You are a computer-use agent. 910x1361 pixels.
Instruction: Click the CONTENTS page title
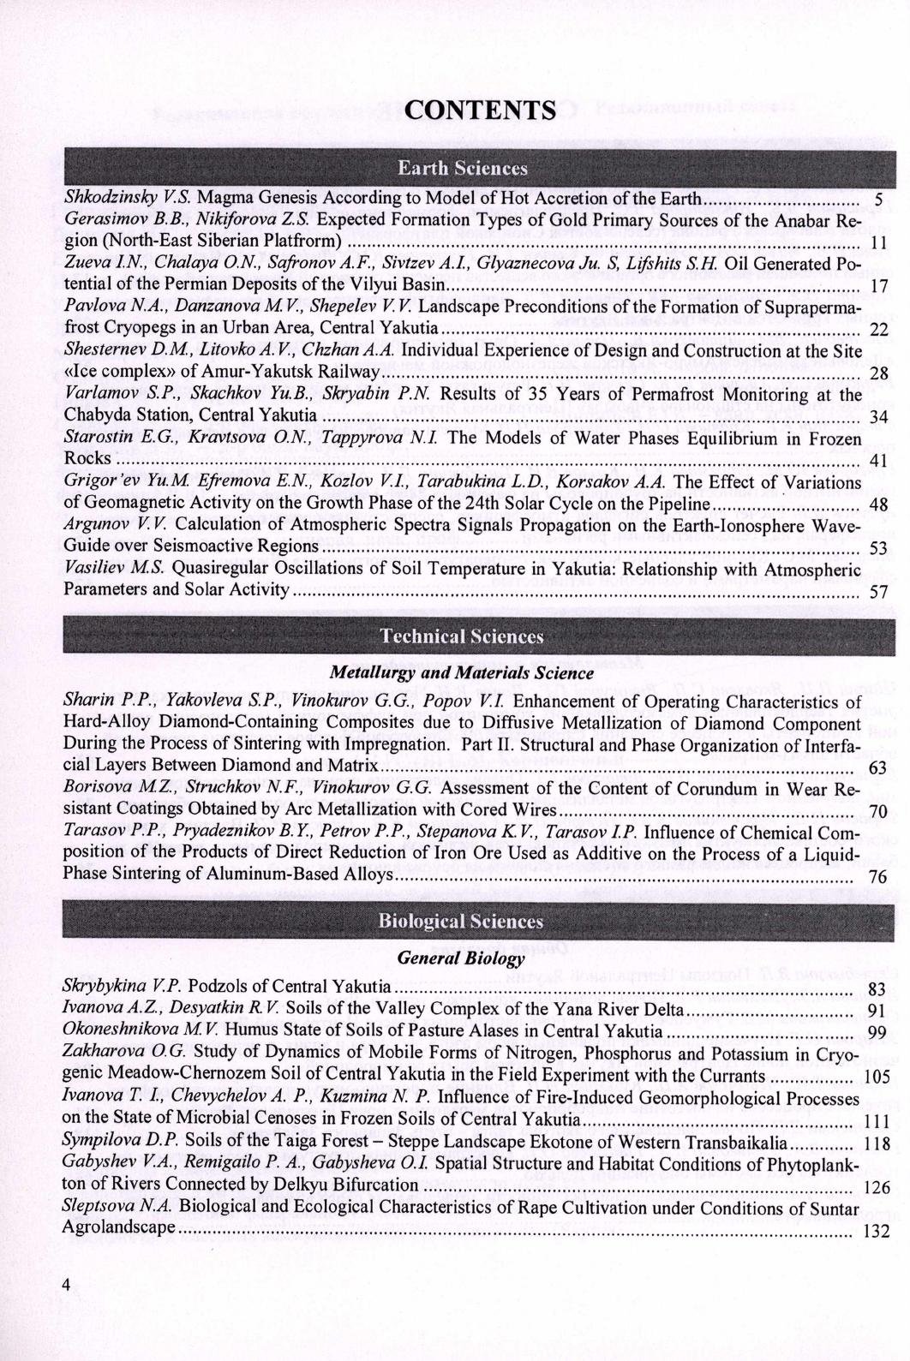pos(480,110)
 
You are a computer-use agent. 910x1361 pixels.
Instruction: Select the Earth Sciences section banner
pos(462,168)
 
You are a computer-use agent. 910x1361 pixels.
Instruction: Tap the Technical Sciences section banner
pos(462,636)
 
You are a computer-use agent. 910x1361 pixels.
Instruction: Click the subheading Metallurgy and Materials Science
pos(462,673)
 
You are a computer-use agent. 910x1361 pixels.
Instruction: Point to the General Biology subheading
pos(461,958)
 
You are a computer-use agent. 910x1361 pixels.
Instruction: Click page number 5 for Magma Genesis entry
pos(877,201)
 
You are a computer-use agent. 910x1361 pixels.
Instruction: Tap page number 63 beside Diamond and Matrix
pos(877,768)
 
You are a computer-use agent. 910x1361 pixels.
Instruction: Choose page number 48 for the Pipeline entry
pos(877,506)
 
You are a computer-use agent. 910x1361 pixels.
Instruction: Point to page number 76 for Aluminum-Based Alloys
pos(877,877)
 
